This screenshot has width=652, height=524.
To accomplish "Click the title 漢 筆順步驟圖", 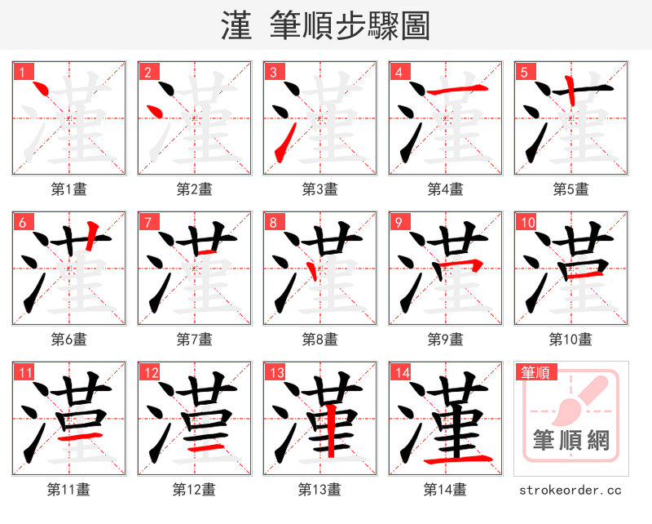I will (x=325, y=26).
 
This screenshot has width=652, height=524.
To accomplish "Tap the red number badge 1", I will (x=21, y=72).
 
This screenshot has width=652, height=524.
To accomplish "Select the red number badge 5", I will (x=523, y=72).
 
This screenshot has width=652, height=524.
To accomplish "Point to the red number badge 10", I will (x=526, y=222).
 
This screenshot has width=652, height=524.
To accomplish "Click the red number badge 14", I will (x=401, y=373).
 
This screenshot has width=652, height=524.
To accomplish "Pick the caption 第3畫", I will (x=319, y=189).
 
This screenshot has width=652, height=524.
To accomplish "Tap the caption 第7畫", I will (x=194, y=339).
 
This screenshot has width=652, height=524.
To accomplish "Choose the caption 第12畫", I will (x=194, y=490).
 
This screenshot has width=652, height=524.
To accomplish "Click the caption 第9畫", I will (x=445, y=339).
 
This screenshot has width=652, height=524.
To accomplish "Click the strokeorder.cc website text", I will (x=570, y=490).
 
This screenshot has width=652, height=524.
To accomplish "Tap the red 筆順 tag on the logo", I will (x=536, y=373).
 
